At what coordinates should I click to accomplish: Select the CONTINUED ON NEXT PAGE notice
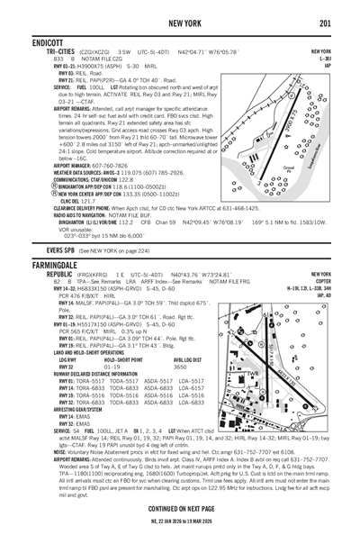[x=180, y=509]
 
